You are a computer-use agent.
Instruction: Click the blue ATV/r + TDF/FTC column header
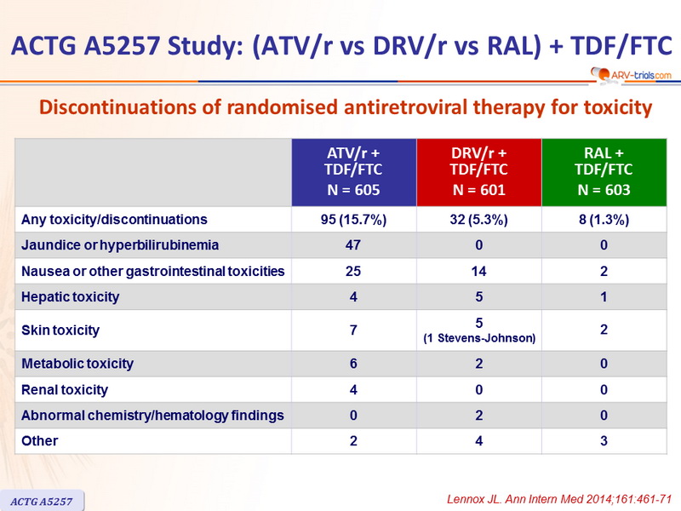[x=354, y=172]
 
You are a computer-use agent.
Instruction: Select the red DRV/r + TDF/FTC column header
[x=479, y=172]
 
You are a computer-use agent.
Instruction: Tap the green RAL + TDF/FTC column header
[x=604, y=172]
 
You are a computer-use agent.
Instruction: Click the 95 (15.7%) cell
[x=353, y=220]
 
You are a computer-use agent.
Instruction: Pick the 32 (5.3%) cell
[x=478, y=220]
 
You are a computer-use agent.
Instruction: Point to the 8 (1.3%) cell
[x=604, y=220]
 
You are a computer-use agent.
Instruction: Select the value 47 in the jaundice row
[x=353, y=245]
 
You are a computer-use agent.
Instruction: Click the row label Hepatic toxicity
[x=71, y=297]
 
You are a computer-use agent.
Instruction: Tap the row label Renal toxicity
[x=65, y=390]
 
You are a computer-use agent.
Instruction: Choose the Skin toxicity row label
[x=60, y=330]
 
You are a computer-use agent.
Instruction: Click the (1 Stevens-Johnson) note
[x=479, y=338]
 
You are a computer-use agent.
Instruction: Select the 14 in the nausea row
[x=478, y=271]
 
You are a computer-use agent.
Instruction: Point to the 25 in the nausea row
[x=353, y=271]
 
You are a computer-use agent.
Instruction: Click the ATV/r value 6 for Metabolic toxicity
[x=353, y=364]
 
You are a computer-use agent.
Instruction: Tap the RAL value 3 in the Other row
[x=604, y=441]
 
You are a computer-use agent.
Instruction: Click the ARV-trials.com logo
[x=631, y=74]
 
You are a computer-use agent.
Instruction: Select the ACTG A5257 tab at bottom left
[x=42, y=501]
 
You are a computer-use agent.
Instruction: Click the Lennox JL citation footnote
[x=559, y=499]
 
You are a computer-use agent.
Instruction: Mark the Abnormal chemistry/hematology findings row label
[x=152, y=416]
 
